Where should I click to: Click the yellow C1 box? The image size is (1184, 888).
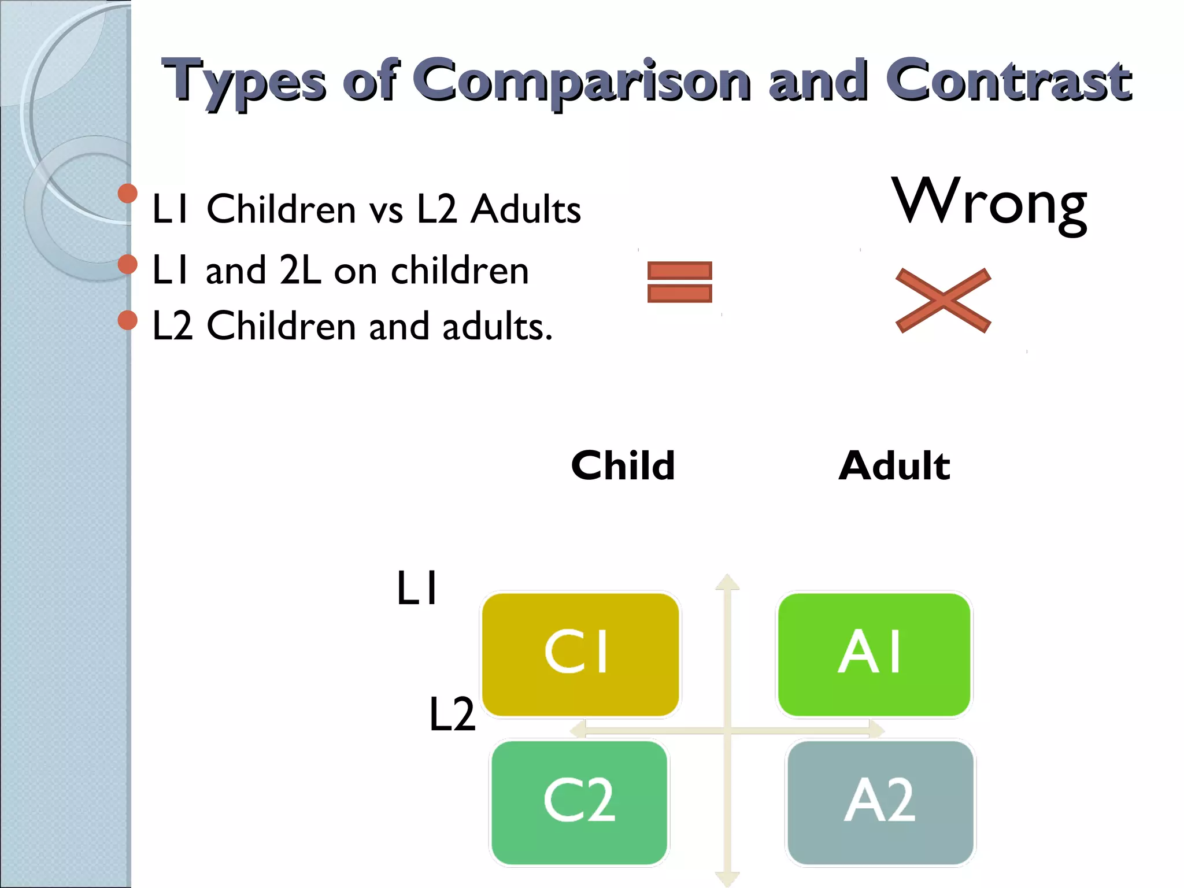pos(580,654)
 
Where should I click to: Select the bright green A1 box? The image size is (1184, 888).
pos(874,654)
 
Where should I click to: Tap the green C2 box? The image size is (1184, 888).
pos(579,802)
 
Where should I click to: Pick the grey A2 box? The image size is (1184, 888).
pos(880,802)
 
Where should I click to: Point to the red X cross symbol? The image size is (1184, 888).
pos(943,301)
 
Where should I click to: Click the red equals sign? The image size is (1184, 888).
pos(679,282)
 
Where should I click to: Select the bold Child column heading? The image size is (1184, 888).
pos(623,466)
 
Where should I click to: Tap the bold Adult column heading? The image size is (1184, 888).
pos(894,466)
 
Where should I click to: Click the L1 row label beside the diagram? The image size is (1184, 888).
pos(417,589)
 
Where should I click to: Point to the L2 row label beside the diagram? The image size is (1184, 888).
pos(452,715)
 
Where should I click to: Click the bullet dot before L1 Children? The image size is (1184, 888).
pos(127,194)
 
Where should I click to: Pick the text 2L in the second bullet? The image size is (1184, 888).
pos(300,270)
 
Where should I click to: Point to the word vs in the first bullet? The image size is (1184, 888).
pos(386,210)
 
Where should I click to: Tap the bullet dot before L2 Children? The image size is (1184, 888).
pos(127,320)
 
